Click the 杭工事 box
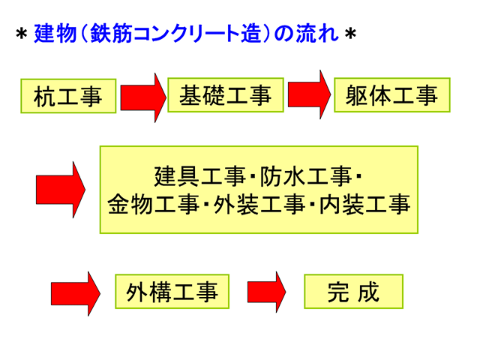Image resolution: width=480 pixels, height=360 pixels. [68, 96]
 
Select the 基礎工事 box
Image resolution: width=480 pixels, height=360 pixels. [226, 95]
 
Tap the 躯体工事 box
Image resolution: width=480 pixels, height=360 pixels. [392, 95]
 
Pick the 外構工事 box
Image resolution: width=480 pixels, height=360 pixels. [172, 292]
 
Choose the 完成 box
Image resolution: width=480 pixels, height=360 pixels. [353, 292]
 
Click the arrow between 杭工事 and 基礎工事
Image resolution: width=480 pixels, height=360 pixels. [143, 97]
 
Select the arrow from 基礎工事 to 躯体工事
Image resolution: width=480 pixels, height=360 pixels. [310, 94]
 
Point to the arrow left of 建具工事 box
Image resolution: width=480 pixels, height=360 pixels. [61, 190]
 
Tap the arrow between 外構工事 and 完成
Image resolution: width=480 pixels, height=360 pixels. [267, 292]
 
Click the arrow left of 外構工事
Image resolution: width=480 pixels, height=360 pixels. [76, 294]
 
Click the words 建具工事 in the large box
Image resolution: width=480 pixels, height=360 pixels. [199, 177]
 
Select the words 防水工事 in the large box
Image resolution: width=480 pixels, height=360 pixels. [305, 177]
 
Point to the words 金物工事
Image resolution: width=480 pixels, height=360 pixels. [153, 205]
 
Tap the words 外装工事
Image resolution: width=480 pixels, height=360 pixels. [259, 205]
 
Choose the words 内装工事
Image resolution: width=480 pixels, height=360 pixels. [364, 205]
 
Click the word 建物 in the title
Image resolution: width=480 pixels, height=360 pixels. [55, 33]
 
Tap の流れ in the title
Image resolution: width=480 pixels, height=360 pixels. [307, 33]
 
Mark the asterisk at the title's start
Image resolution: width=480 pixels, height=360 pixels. [22, 34]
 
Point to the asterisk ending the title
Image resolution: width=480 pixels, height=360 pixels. [350, 34]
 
